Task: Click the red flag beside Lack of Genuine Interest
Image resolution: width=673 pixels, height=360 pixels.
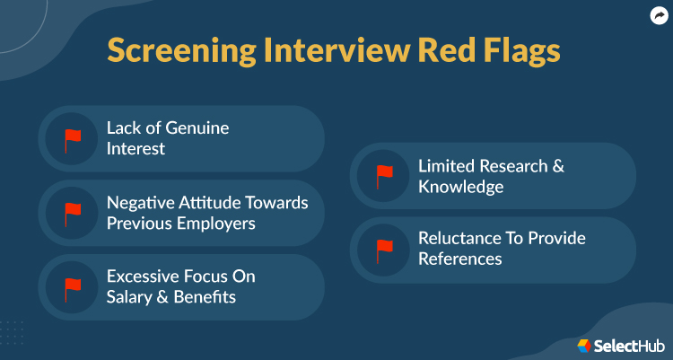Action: pos(72,138)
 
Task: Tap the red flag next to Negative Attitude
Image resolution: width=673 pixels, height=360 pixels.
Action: pos(72,213)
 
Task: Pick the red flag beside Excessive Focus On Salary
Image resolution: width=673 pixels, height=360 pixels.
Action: pos(72,287)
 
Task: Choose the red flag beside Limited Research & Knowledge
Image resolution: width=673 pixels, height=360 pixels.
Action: pos(384,175)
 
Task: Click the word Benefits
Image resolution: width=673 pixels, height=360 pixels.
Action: pos(206,297)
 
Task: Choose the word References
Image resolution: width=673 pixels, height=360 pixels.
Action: pos(460,259)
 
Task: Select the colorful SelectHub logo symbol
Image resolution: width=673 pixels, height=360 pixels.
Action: pos(584,345)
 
